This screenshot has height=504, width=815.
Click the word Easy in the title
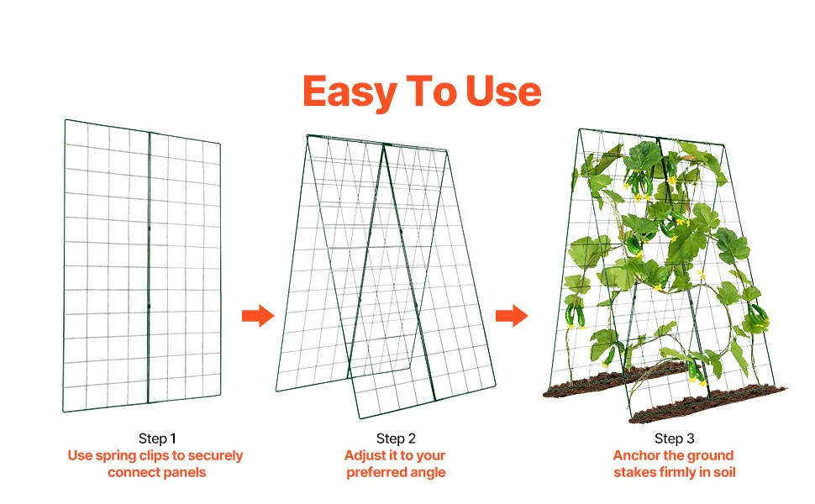pos(350,92)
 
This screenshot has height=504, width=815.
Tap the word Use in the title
pos(503,91)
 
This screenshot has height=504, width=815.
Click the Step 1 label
pos(157,438)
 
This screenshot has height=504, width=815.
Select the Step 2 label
pos(396,438)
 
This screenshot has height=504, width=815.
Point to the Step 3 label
pos(674,438)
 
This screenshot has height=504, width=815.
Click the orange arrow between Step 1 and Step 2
pos(258,315)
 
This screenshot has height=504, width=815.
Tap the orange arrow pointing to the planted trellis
pos(512,315)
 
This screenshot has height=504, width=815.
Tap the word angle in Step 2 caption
pos(428,473)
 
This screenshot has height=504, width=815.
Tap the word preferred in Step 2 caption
pos(377,473)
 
